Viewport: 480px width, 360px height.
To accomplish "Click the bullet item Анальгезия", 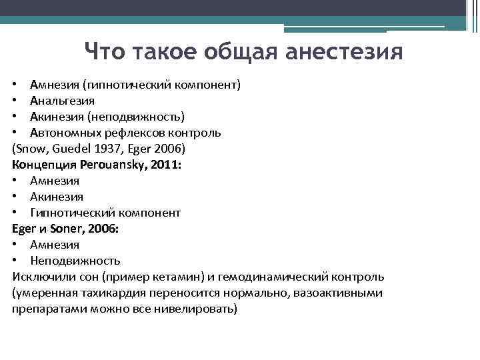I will point(62,101).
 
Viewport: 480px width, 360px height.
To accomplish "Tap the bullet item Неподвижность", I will point(75,261).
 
